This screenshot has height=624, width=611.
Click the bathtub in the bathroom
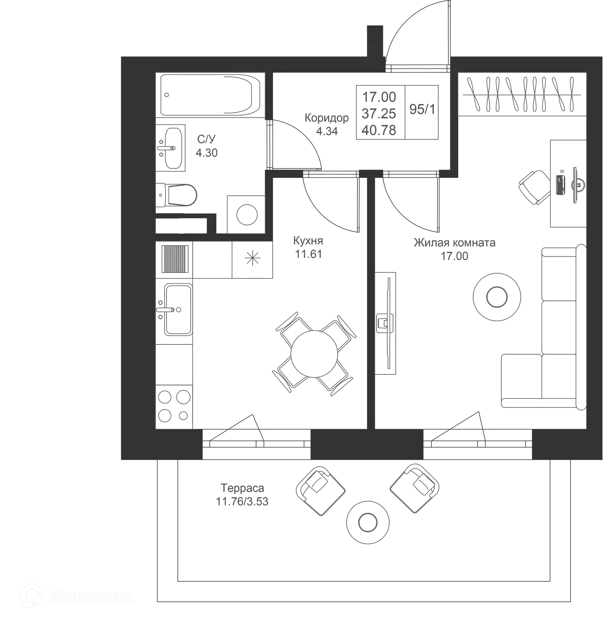pyautogui.click(x=210, y=95)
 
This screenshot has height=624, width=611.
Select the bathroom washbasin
pyautogui.click(x=171, y=148)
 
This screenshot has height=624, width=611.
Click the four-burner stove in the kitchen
pyautogui.click(x=174, y=407)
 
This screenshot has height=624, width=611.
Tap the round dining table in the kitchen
pyautogui.click(x=314, y=354)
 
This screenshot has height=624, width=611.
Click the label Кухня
pyautogui.click(x=308, y=241)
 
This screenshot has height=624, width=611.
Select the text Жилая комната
pyautogui.click(x=454, y=243)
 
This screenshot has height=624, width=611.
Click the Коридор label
pyautogui.click(x=327, y=118)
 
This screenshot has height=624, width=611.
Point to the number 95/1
pyautogui.click(x=422, y=110)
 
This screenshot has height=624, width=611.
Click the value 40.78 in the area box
pyautogui.click(x=379, y=130)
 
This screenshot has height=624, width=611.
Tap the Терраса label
pyautogui.click(x=242, y=488)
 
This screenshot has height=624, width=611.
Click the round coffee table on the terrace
pyautogui.click(x=368, y=523)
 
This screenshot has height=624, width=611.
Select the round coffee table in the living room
pyautogui.click(x=497, y=297)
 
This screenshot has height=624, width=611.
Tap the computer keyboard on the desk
pyautogui.click(x=561, y=185)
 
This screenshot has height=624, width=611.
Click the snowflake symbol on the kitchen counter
pyautogui.click(x=253, y=258)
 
